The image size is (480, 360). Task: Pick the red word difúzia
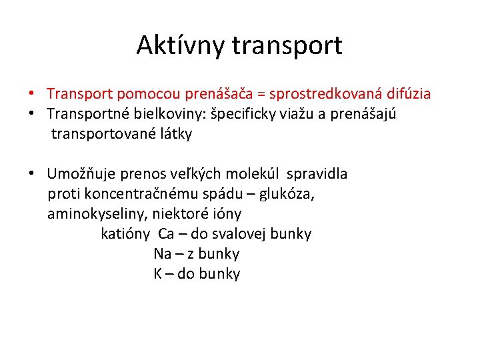(x=409, y=95)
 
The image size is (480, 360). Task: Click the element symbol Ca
(x=166, y=234)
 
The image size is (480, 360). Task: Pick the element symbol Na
(x=162, y=254)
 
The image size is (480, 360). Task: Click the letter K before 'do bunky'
(x=158, y=274)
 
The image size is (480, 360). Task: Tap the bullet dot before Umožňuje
(x=31, y=174)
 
